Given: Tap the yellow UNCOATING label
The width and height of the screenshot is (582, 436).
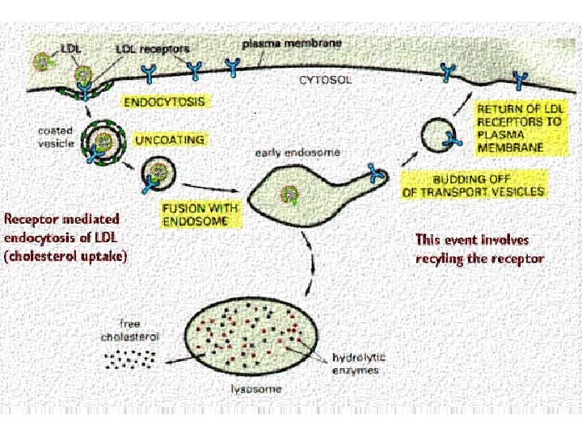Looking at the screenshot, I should point(171,140).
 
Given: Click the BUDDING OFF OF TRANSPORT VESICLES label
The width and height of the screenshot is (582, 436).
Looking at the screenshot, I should point(474,185).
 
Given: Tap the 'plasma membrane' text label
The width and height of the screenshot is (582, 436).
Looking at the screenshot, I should point(280,42).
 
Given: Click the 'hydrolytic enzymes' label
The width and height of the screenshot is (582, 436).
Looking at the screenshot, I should point(356,363).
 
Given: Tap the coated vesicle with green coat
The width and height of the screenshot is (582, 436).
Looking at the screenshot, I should point(101,144).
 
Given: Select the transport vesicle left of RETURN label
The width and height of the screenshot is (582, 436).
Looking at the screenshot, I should point(444,135).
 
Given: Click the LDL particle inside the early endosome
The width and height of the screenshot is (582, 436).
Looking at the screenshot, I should point(286,195).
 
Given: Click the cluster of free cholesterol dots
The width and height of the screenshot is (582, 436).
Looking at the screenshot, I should point(128,358).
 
